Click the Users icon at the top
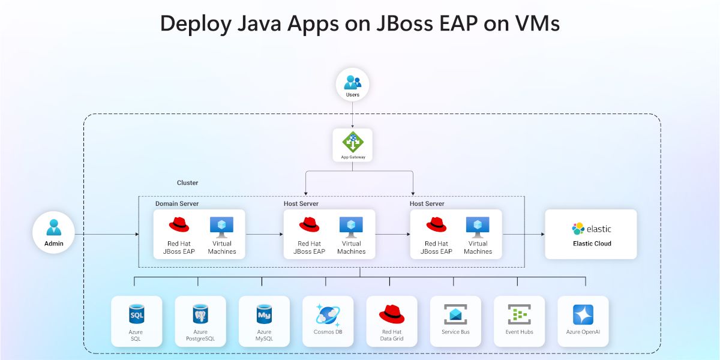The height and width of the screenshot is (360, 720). [x=352, y=82]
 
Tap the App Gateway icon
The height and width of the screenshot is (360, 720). [x=352, y=142]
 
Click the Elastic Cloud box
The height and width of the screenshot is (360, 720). [x=590, y=234]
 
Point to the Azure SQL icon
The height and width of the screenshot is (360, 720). [x=136, y=314]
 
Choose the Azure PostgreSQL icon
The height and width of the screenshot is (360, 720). [x=200, y=314]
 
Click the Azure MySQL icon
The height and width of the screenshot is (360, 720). [x=264, y=313]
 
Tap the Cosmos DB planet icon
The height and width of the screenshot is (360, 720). [x=328, y=314]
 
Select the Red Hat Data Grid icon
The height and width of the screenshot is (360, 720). [x=392, y=313]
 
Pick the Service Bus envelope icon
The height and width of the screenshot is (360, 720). [x=455, y=314]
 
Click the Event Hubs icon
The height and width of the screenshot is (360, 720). [x=519, y=314]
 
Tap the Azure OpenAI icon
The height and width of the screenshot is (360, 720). [x=583, y=314]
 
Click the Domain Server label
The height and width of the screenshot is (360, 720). [x=177, y=204]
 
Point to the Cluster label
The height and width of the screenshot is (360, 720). [x=187, y=182]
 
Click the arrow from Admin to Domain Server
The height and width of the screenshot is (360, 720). [x=108, y=234]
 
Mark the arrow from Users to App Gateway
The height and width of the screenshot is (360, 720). [x=352, y=114]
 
